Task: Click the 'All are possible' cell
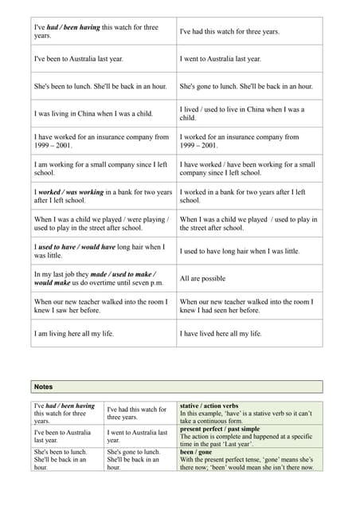coord(205,279)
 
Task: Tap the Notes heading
coord(43,386)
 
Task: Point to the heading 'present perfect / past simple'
coord(220,429)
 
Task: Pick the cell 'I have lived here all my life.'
coord(230,334)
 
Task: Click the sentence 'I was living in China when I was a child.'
coord(93,113)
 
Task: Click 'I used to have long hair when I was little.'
coord(240,251)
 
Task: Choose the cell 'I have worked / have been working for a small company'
coord(247,168)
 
